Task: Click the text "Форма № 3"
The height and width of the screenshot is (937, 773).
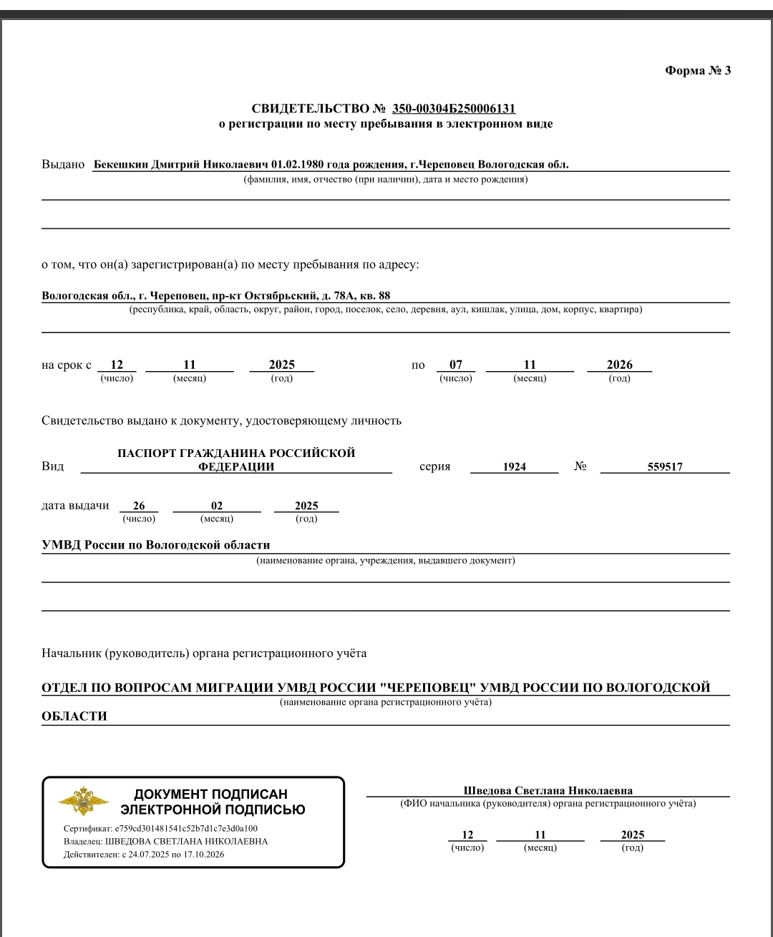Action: (698, 70)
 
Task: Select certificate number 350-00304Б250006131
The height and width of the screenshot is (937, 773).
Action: (454, 109)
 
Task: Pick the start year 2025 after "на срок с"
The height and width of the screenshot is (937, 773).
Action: (281, 365)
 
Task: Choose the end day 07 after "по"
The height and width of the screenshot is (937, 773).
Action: (456, 365)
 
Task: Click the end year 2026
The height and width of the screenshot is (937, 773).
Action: (619, 365)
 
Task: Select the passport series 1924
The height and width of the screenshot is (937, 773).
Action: (514, 466)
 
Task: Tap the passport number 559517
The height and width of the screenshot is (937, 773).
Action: (665, 466)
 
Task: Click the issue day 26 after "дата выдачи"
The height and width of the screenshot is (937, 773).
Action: (139, 506)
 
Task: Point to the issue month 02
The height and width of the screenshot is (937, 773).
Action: (217, 506)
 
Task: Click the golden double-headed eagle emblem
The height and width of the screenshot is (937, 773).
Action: (83, 801)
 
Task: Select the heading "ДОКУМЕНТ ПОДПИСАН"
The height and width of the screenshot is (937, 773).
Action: (210, 794)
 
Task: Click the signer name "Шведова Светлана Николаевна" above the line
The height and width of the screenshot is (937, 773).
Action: (548, 791)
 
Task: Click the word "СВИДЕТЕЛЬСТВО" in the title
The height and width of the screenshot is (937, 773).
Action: (309, 109)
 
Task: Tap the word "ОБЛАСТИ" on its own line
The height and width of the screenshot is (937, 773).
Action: (74, 716)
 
